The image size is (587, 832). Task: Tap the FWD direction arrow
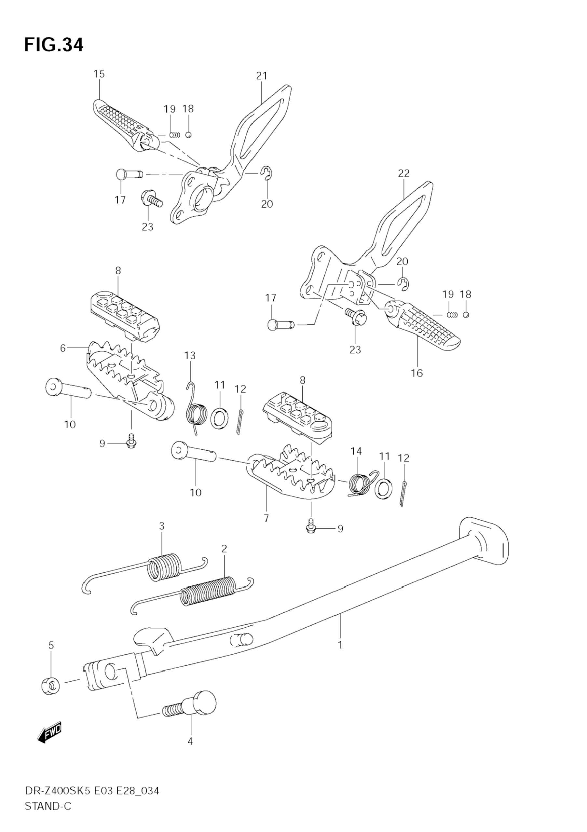(x=50, y=733)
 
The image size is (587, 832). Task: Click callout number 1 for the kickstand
(x=340, y=645)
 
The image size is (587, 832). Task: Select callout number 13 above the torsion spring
(x=190, y=356)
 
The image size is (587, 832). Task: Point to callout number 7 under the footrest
(x=266, y=519)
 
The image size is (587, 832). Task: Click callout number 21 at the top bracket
(x=261, y=76)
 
